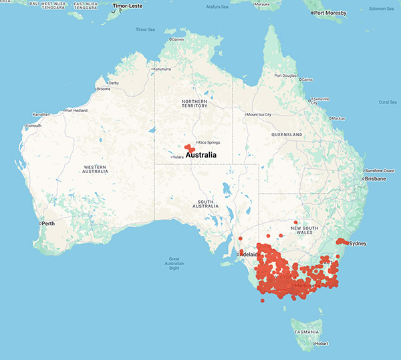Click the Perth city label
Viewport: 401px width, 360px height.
pos(48,223)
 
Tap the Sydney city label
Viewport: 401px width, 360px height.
pos(358,244)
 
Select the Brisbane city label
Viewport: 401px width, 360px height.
pos(376,179)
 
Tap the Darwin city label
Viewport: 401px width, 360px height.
pos(178,39)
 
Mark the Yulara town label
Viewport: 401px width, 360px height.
pos(177,157)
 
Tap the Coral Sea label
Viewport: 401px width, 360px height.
pos(388,102)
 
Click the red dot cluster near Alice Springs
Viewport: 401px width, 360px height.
pos(190,148)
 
